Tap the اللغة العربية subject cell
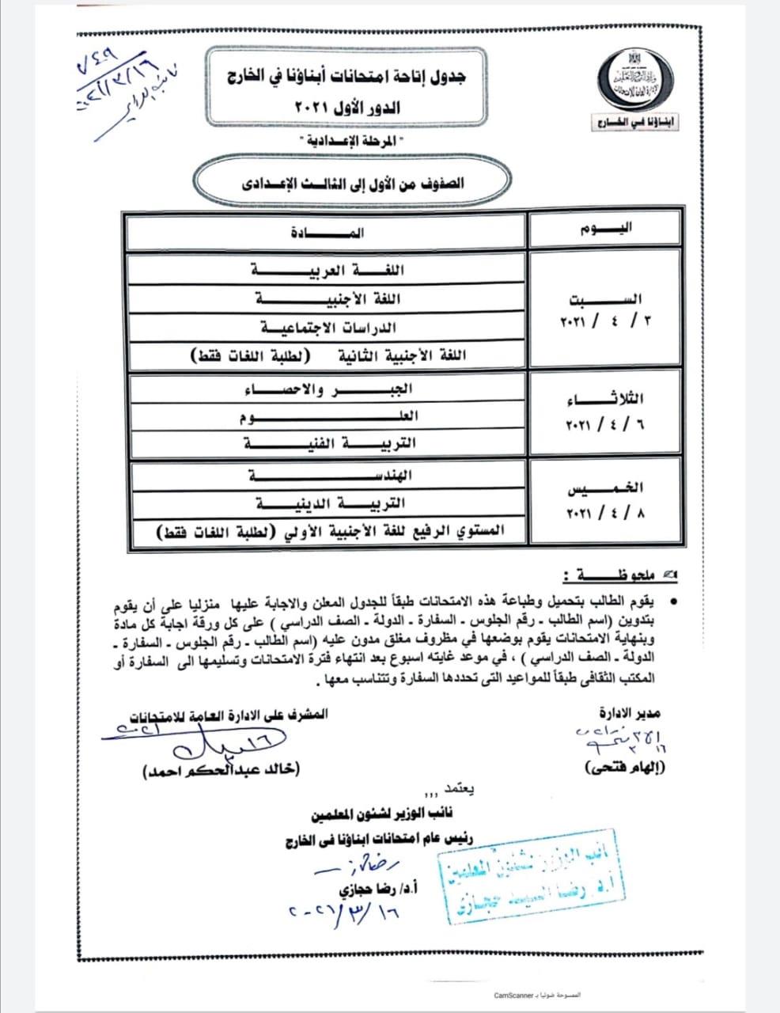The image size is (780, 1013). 326,270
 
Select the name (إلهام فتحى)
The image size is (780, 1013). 623,768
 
